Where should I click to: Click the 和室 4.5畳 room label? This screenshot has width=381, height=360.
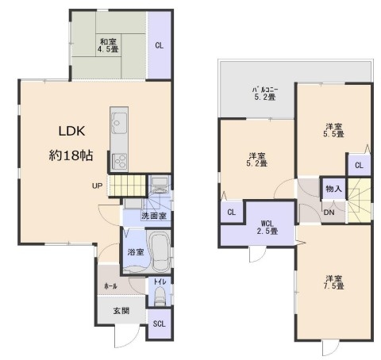coord(109,45)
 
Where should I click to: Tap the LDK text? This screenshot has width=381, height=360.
coord(71,131)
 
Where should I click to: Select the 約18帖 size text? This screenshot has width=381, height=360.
coord(71,155)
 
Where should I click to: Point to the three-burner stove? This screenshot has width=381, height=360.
coord(119,162)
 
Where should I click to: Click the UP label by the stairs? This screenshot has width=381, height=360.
coord(97,186)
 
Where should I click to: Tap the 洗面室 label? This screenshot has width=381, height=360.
coord(154,216)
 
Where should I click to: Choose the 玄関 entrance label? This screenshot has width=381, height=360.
coord(121,311)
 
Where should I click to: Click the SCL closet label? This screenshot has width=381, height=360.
coord(160,324)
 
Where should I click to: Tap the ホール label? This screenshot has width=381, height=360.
coord(110,285)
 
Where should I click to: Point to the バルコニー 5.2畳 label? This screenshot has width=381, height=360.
coord(265,94)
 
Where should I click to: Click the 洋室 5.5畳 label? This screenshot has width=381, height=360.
coord(333,130)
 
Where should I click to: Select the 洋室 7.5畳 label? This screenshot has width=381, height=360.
coord(333,282)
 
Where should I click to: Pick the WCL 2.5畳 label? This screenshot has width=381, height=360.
coord(267,228)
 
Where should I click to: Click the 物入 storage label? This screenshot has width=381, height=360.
coord(333,189)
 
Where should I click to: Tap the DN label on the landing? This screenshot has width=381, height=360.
coord(329,213)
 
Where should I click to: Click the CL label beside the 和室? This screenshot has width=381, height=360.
coord(160,46)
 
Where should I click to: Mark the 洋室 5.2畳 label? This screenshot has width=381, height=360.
coord(256,159)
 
